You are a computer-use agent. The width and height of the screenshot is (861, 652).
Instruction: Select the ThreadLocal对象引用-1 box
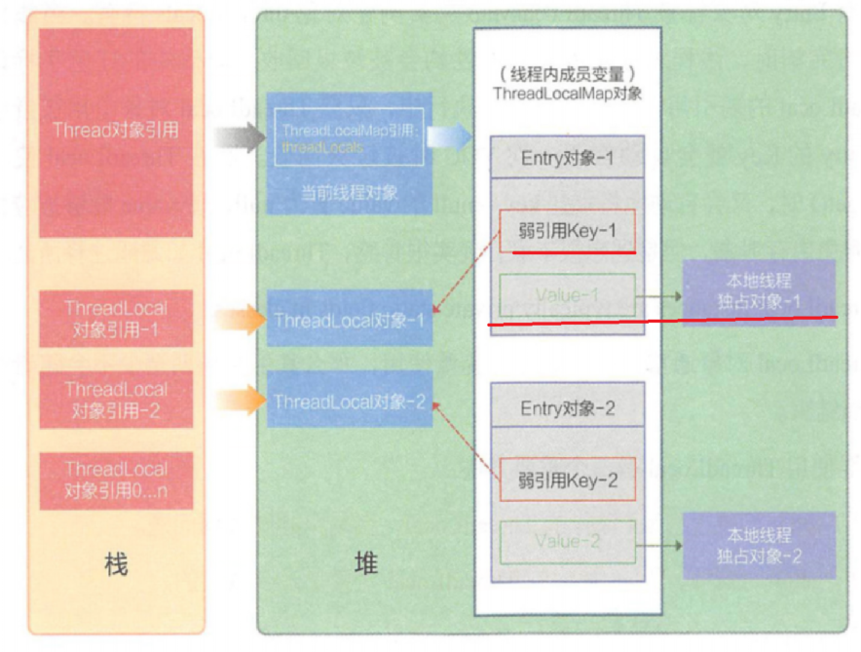tap(116, 319)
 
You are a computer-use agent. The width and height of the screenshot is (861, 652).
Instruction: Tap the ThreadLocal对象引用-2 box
tap(116, 400)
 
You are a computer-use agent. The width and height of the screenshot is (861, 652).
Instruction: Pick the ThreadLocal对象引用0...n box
tap(116, 479)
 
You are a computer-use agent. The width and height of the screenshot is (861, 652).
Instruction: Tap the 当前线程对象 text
tap(349, 192)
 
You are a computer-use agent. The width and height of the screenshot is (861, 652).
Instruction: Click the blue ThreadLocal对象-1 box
tap(350, 319)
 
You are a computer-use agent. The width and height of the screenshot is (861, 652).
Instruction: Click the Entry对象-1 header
tap(567, 158)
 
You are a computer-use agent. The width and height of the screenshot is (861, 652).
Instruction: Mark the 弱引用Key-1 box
tap(567, 232)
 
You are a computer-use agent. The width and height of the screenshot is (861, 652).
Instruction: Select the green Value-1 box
tap(567, 293)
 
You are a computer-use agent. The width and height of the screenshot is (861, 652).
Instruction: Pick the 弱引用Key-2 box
tap(567, 480)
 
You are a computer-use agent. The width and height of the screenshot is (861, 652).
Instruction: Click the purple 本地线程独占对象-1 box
tap(759, 291)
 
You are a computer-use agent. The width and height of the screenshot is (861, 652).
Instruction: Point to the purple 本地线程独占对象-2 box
tap(759, 545)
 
